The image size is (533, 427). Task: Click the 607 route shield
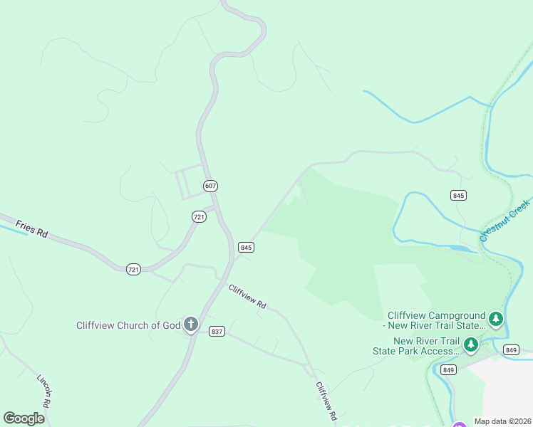click(209, 186)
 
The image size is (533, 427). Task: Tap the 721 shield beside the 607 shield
click(199, 216)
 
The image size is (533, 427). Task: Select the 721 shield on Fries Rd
click(133, 269)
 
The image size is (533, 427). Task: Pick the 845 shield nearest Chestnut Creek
click(458, 195)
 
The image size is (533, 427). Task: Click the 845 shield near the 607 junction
click(246, 247)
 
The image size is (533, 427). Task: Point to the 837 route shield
click(217, 331)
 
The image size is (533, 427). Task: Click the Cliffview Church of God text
click(129, 325)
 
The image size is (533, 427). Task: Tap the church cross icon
click(190, 325)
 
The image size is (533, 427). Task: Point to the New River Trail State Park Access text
click(418, 346)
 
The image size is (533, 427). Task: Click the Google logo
click(24, 418)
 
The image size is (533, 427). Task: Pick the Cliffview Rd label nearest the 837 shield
click(247, 296)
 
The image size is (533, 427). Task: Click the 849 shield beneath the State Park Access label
click(448, 369)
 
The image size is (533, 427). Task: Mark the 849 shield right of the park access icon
click(510, 349)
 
